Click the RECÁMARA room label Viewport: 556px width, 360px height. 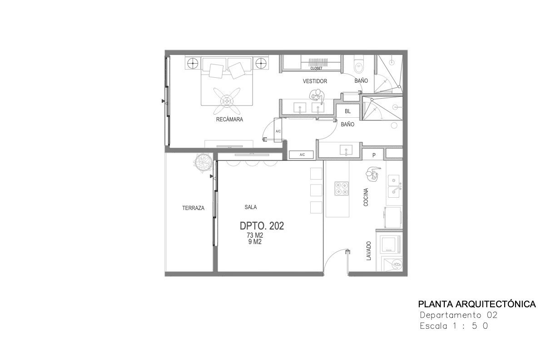click(x=229, y=120)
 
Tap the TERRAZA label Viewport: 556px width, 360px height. click(x=193, y=208)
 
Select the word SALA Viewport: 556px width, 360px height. click(x=250, y=207)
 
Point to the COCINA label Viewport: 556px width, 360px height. click(x=366, y=197)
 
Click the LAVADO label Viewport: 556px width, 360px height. click(x=368, y=251)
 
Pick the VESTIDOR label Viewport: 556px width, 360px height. click(x=315, y=81)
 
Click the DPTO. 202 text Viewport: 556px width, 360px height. click(x=262, y=226)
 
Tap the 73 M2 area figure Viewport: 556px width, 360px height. click(x=255, y=235)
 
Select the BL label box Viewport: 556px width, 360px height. click(x=347, y=111)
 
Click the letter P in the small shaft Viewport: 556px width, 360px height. click(x=374, y=155)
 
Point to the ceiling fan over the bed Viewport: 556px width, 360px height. click(x=227, y=101)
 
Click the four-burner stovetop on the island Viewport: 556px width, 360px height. click(x=341, y=189)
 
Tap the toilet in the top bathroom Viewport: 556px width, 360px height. click(x=358, y=64)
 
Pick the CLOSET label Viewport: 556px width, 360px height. click(x=316, y=68)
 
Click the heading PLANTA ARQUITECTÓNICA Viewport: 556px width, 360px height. click(x=477, y=304)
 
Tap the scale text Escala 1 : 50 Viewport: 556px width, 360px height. click(x=454, y=326)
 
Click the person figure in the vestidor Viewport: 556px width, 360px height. click(x=317, y=96)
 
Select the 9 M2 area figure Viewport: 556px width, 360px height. click(x=255, y=242)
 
